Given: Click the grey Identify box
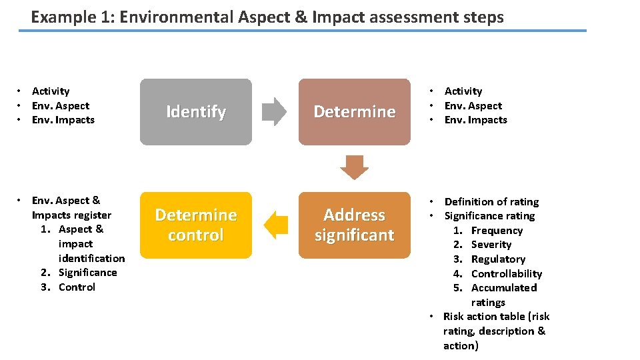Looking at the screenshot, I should pyautogui.click(x=195, y=112).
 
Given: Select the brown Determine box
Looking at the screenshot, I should pyautogui.click(x=354, y=112).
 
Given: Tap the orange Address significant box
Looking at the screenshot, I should pyautogui.click(x=354, y=225).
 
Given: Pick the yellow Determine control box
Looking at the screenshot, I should pyautogui.click(x=195, y=225).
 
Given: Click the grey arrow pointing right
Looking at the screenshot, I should pyautogui.click(x=273, y=112).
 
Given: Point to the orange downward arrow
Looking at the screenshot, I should pyautogui.click(x=354, y=167).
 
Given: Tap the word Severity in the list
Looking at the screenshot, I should pyautogui.click(x=491, y=245).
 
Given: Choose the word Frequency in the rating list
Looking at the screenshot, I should pyautogui.click(x=497, y=231).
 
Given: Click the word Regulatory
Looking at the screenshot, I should pyautogui.click(x=498, y=259).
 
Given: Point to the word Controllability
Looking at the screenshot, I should pyautogui.click(x=507, y=274).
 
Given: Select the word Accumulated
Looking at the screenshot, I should pyautogui.click(x=504, y=288).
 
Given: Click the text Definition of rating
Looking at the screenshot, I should pyautogui.click(x=491, y=202).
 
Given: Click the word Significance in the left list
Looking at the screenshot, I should pyautogui.click(x=87, y=273).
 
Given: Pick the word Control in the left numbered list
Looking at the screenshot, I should pyautogui.click(x=77, y=287).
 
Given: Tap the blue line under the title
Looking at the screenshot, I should pyautogui.click(x=303, y=31).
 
